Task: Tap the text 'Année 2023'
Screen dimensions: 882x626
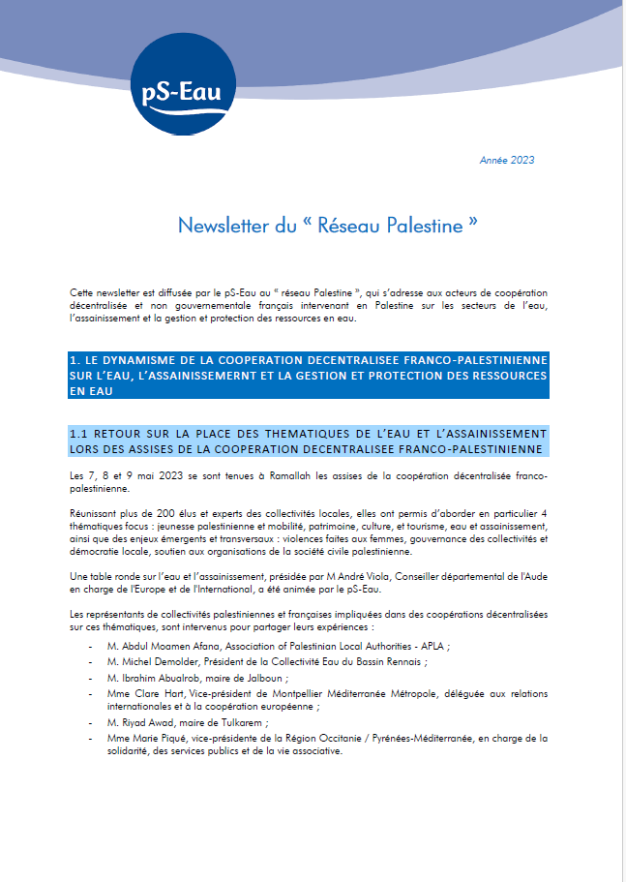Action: point(507,160)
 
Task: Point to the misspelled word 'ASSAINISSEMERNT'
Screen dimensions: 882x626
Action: point(196,375)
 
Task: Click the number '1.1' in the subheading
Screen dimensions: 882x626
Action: point(80,433)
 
